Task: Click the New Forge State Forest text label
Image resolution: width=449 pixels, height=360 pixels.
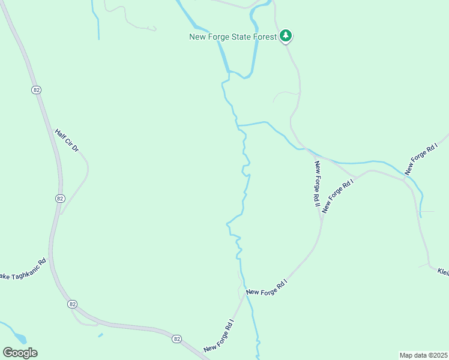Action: pyautogui.click(x=233, y=37)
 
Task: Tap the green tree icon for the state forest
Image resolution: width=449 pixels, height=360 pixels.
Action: pyautogui.click(x=287, y=36)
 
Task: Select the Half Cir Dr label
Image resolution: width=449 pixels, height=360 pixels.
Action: pyautogui.click(x=67, y=140)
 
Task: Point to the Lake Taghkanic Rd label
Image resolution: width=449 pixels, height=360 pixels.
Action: pyautogui.click(x=23, y=269)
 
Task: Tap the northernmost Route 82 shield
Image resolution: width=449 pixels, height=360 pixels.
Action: pyautogui.click(x=37, y=89)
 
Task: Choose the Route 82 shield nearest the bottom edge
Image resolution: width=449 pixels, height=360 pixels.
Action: pyautogui.click(x=176, y=339)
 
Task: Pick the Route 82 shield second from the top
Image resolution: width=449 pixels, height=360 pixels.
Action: pyautogui.click(x=59, y=198)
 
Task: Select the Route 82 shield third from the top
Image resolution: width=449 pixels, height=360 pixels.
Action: pyautogui.click(x=73, y=304)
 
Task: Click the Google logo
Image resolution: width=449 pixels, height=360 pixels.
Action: pyautogui.click(x=20, y=353)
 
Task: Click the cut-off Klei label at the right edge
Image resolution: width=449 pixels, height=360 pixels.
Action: pyautogui.click(x=443, y=272)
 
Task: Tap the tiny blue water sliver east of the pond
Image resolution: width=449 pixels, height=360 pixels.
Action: pyautogui.click(x=100, y=335)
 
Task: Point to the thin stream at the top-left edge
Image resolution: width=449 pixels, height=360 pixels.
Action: pyautogui.click(x=96, y=21)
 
